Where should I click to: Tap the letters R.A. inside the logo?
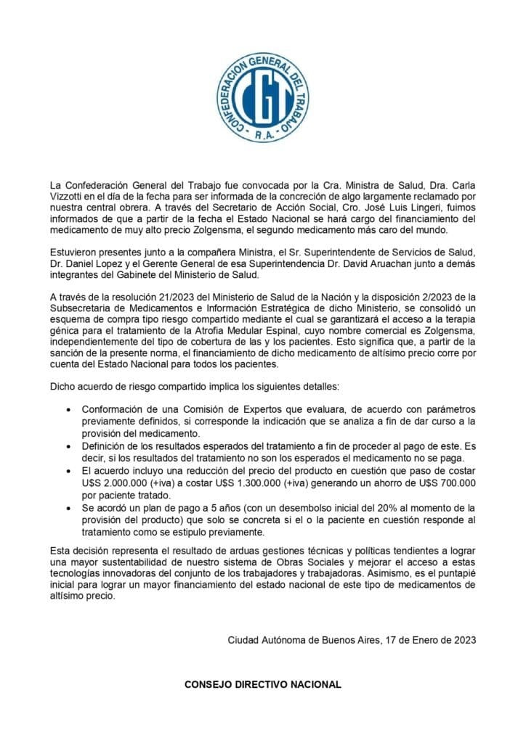point(262,136)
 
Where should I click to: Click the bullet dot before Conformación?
point(68,410)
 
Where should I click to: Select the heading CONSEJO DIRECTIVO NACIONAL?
point(262,684)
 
